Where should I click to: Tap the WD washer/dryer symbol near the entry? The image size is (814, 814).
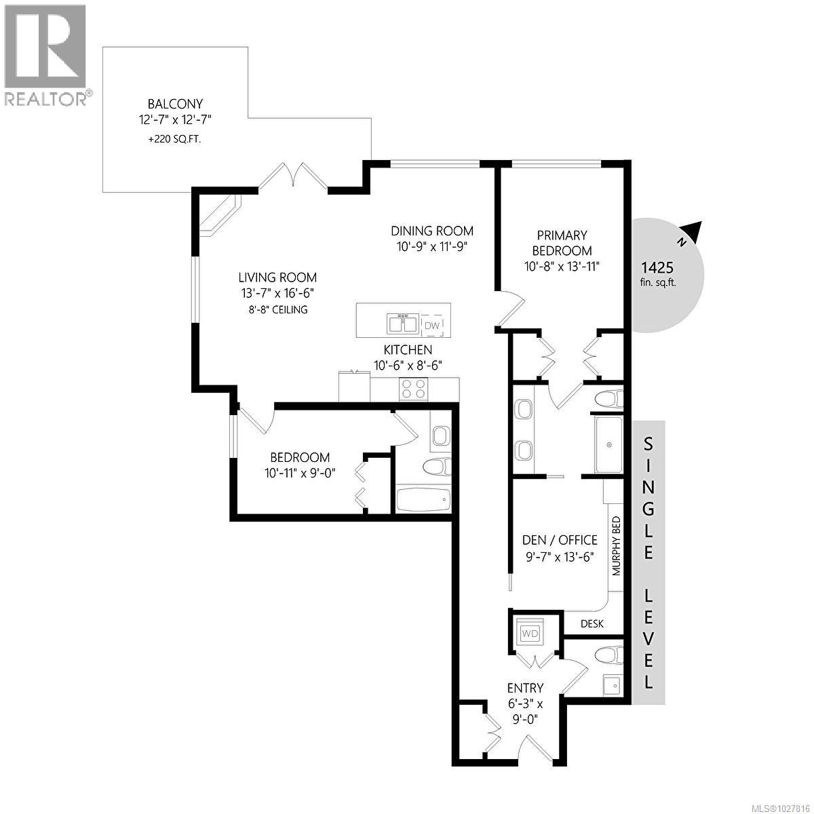click(x=530, y=633)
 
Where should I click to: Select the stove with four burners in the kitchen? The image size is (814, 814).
click(x=414, y=389)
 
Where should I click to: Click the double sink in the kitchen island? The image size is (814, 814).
click(x=403, y=324)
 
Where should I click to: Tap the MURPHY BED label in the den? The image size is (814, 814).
click(x=617, y=546)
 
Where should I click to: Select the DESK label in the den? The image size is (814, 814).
click(x=592, y=624)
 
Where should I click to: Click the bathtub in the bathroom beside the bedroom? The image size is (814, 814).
click(x=422, y=501)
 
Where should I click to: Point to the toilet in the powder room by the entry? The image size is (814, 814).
click(x=606, y=655)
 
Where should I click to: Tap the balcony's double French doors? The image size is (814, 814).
click(x=294, y=177)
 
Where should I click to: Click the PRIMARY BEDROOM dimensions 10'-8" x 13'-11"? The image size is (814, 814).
click(x=562, y=267)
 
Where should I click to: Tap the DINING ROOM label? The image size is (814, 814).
click(x=431, y=231)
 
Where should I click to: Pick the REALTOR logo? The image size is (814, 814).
click(x=46, y=54)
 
